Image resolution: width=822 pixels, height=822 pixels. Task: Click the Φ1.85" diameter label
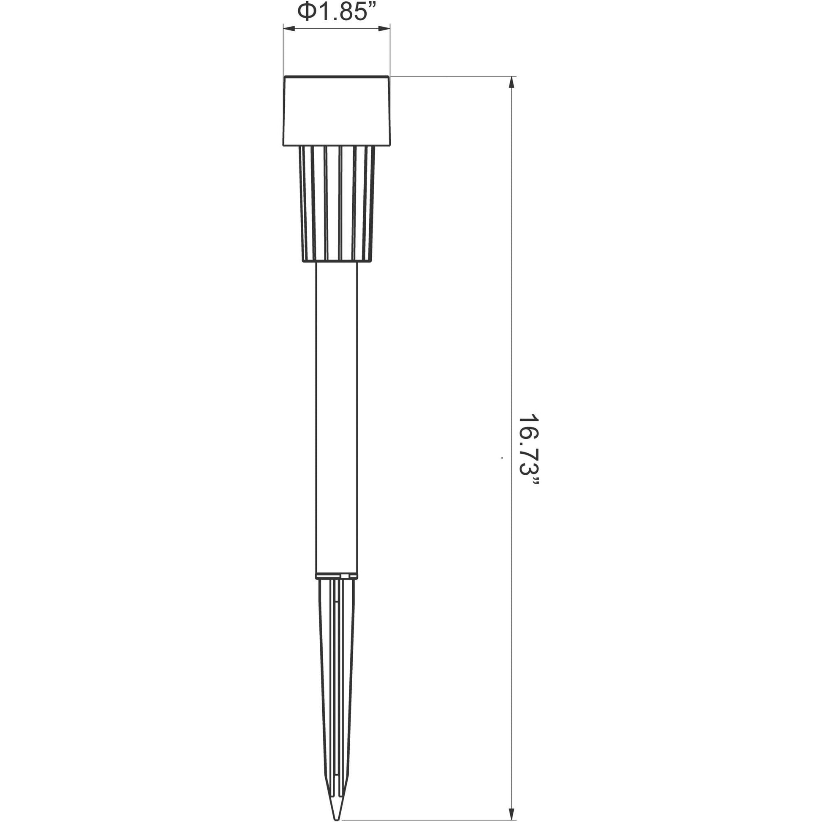(336, 12)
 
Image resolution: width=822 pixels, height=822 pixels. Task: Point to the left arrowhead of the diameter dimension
(289, 29)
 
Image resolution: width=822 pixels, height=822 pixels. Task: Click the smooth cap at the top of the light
(336, 111)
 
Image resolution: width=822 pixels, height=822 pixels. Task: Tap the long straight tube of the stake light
(336, 419)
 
